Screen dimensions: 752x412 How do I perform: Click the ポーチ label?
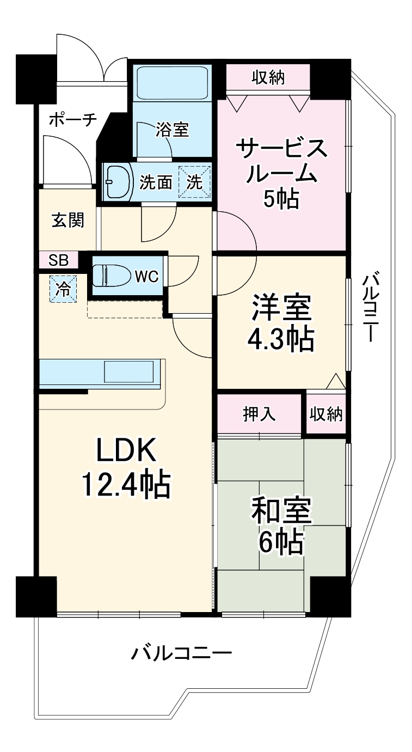(x=73, y=120)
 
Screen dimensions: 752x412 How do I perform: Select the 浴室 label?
(x=172, y=130)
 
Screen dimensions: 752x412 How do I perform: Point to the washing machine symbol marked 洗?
(x=195, y=182)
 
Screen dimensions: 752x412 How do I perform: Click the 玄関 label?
(x=68, y=221)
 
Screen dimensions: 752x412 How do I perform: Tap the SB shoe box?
(x=59, y=260)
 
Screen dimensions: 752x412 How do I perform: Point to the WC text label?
(x=146, y=277)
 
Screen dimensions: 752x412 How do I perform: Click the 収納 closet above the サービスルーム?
(x=268, y=78)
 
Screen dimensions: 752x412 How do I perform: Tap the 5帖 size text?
(x=281, y=199)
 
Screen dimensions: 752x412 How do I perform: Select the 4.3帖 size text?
(x=281, y=340)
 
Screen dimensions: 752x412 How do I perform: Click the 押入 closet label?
(x=259, y=414)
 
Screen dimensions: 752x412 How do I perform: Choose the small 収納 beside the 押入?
(x=326, y=414)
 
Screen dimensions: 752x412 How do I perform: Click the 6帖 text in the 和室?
(x=281, y=542)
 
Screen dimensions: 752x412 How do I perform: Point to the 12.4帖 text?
(x=126, y=484)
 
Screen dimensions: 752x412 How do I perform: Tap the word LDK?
(x=127, y=450)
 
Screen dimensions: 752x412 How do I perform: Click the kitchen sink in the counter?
(x=129, y=372)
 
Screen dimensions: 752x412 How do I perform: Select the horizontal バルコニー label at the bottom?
(x=182, y=652)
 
